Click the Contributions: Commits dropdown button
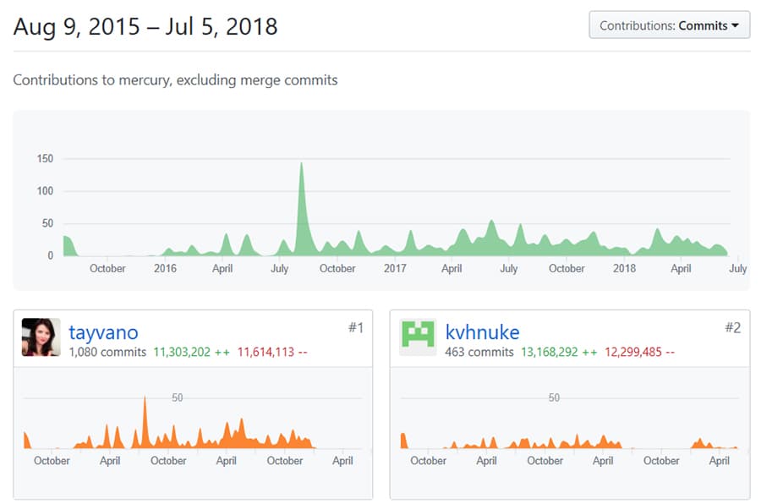pos(669,25)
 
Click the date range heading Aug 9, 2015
pos(145,26)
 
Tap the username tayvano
pos(103,332)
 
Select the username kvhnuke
pos(482,332)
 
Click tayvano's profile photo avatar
pos(41,337)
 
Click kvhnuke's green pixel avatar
pos(418,337)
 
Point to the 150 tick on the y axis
pos(45,158)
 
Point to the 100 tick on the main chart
pos(45,191)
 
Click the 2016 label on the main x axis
pos(165,269)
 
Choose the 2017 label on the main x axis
pos(395,269)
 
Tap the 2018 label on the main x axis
pos(624,269)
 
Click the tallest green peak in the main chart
pos(301,166)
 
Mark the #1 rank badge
pos(355,327)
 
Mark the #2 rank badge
pos(732,327)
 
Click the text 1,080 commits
pos(107,352)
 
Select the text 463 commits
pos(479,352)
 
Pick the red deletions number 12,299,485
pos(633,352)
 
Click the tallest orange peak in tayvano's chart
pos(145,399)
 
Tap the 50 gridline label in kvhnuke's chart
pos(554,397)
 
